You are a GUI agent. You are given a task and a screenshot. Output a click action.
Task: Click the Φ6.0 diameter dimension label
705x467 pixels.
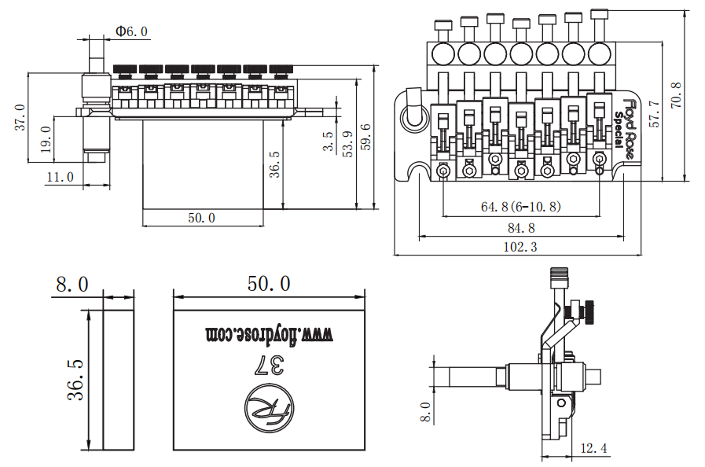pyautogui.click(x=131, y=31)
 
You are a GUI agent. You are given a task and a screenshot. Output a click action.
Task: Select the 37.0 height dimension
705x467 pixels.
pyautogui.click(x=20, y=117)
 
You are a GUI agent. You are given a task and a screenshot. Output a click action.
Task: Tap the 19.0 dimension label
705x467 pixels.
pyautogui.click(x=46, y=139)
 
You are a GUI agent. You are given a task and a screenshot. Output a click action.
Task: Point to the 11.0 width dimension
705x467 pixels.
pyautogui.click(x=60, y=177)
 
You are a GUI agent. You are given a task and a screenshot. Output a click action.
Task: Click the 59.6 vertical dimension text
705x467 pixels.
pyautogui.click(x=365, y=138)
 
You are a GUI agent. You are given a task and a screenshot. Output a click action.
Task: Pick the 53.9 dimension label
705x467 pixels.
pyautogui.click(x=347, y=144)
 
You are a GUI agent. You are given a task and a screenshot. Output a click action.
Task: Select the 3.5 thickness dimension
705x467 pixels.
pyautogui.click(x=328, y=141)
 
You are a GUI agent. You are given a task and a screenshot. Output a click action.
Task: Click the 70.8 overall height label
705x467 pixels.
pyautogui.click(x=676, y=95)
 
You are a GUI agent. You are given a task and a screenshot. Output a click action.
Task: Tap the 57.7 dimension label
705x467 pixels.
pyautogui.click(x=655, y=114)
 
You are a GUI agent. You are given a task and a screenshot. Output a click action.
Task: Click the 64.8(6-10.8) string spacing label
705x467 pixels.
pyautogui.click(x=521, y=207)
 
